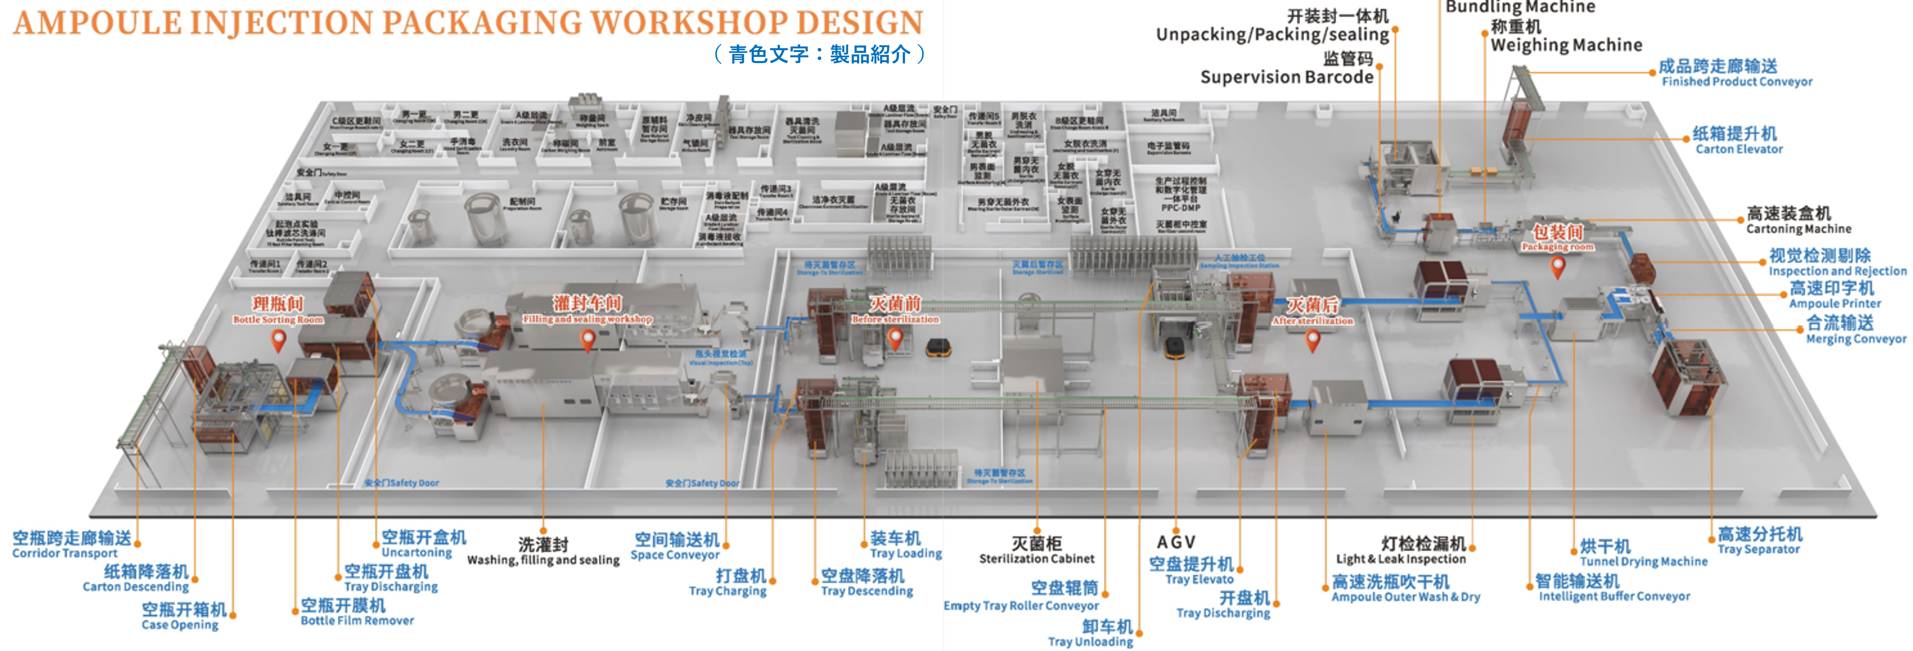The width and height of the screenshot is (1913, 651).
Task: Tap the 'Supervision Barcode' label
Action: pos(1286,77)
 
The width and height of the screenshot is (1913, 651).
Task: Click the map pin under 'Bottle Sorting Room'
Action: pos(278,340)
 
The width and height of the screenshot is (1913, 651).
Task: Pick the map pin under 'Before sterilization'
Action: pos(895,339)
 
